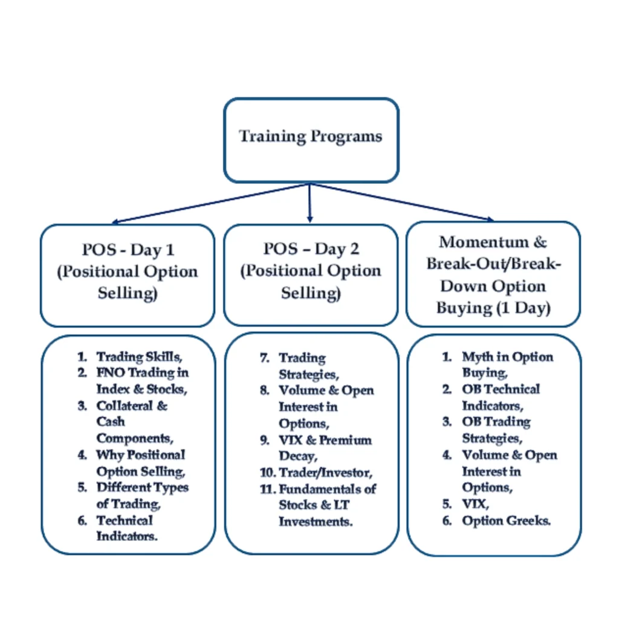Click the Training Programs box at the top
(x=311, y=140)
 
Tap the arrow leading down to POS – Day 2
(x=309, y=203)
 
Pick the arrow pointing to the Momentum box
(x=405, y=203)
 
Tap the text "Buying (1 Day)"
(x=493, y=308)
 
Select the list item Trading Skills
(x=140, y=357)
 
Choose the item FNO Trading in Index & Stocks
(x=142, y=380)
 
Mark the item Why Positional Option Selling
(x=140, y=462)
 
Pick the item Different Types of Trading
(x=142, y=495)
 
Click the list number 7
(x=265, y=358)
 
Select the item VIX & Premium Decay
(x=325, y=447)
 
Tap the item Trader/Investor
(x=325, y=472)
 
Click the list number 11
(x=268, y=488)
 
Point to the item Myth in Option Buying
(x=507, y=365)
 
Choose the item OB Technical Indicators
(x=501, y=397)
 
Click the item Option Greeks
(x=506, y=520)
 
